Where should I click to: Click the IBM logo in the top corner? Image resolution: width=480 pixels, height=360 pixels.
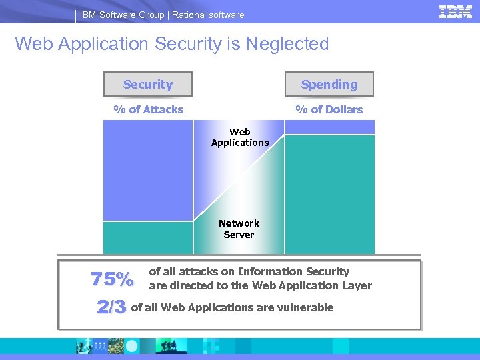455,11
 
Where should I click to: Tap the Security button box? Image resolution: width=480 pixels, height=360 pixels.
148,85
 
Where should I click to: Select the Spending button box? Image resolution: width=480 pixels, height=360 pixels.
329,85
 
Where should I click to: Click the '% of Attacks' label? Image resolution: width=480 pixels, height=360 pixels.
148,109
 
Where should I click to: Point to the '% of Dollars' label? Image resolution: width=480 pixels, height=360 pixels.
329,109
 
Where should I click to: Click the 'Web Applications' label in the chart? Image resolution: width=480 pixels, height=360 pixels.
240,137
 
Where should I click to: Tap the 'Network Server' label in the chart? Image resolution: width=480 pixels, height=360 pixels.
239,229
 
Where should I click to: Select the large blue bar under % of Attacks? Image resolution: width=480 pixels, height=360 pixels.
148,170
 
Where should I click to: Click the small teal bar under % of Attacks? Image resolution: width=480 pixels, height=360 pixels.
148,238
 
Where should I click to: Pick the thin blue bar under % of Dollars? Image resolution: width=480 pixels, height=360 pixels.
329,127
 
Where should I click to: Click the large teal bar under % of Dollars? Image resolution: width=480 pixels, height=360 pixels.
329,194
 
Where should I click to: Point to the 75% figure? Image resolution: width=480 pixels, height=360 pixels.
112,280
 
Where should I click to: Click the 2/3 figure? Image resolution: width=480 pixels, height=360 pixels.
111,307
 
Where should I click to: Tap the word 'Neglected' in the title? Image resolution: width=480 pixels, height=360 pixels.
287,44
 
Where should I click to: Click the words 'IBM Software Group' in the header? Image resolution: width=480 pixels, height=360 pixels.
121,15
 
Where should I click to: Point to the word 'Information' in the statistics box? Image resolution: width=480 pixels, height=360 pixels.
270,271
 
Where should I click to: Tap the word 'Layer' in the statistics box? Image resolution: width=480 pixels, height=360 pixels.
357,285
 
